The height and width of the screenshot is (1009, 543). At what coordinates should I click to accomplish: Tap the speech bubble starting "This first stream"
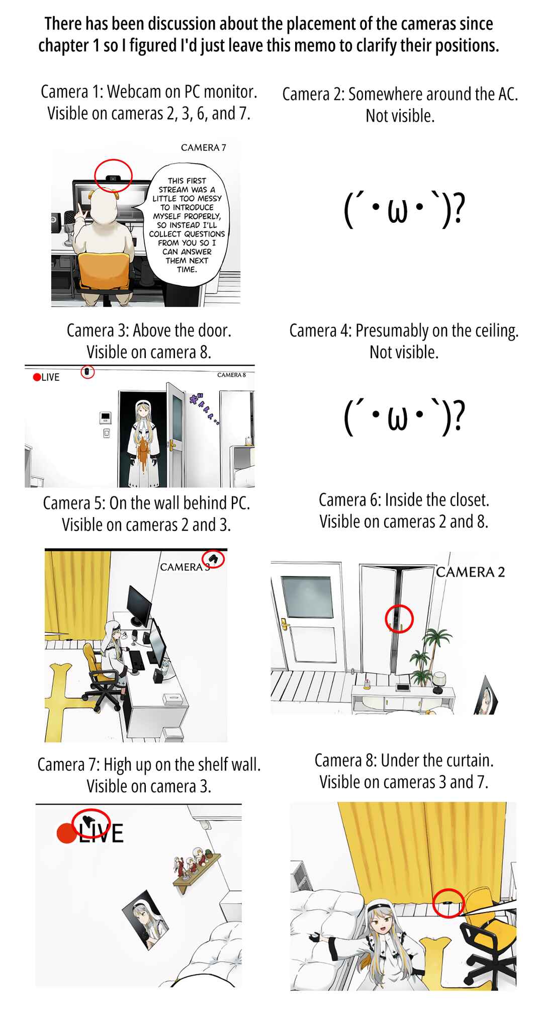[187, 224]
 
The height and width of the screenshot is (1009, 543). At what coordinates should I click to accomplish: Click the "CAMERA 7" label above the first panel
[204, 147]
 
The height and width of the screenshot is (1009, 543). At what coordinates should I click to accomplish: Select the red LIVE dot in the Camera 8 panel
[37, 377]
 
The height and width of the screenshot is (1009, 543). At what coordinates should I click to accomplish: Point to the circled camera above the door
[87, 372]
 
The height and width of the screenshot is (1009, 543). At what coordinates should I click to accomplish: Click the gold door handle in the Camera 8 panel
[172, 446]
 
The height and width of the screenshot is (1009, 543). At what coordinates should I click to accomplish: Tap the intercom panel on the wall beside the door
[106, 417]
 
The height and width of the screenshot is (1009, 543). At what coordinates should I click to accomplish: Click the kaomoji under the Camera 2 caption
[404, 210]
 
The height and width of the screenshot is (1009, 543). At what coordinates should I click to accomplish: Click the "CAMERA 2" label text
[470, 572]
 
